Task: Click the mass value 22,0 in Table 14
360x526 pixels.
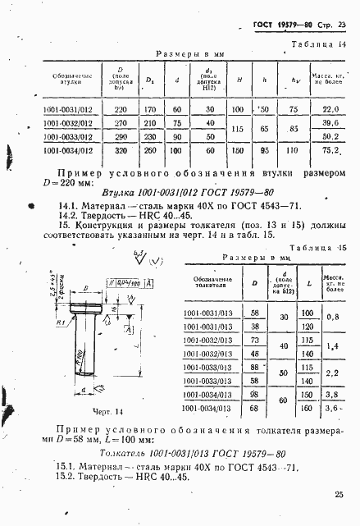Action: (330, 108)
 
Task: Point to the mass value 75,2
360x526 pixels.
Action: (330, 150)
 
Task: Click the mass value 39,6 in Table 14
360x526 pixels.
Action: (330, 122)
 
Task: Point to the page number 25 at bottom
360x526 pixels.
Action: (339, 494)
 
